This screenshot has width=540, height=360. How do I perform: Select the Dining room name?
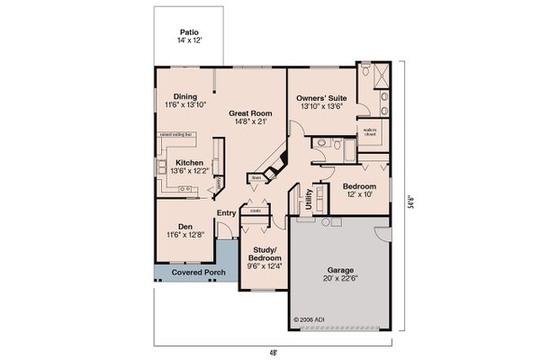[185, 96]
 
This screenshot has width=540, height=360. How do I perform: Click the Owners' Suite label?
[319, 96]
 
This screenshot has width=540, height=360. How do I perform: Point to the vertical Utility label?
[309, 198]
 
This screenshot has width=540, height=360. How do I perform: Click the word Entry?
[227, 212]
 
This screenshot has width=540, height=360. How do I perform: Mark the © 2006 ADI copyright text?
[308, 319]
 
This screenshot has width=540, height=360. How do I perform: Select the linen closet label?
[256, 178]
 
